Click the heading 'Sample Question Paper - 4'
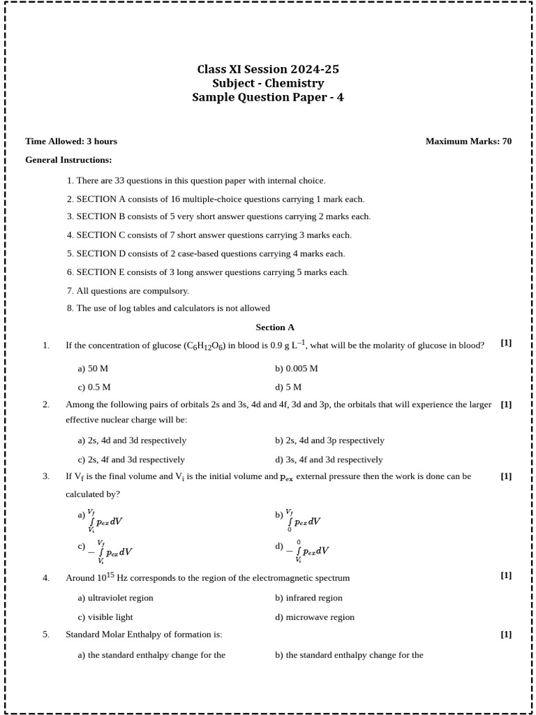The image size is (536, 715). pyautogui.click(x=268, y=98)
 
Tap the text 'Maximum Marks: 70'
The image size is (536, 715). pyautogui.click(x=468, y=141)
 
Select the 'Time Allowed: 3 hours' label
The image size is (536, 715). pyautogui.click(x=71, y=141)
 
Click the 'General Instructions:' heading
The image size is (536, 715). pyautogui.click(x=68, y=160)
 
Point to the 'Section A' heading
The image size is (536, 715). pyautogui.click(x=275, y=327)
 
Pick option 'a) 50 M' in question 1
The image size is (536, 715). pyautogui.click(x=93, y=368)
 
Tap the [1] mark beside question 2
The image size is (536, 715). pyautogui.click(x=506, y=404)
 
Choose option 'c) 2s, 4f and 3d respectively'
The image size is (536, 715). pyautogui.click(x=131, y=459)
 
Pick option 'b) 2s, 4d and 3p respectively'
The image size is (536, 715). pyautogui.click(x=329, y=441)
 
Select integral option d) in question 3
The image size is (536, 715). pyautogui.click(x=303, y=550)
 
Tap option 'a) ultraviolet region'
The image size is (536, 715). pyautogui.click(x=115, y=598)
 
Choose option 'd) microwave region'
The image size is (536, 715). pyautogui.click(x=315, y=617)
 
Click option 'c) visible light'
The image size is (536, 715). pyautogui.click(x=105, y=617)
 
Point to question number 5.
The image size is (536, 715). pyautogui.click(x=46, y=635)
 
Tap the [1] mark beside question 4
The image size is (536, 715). pyautogui.click(x=506, y=575)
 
